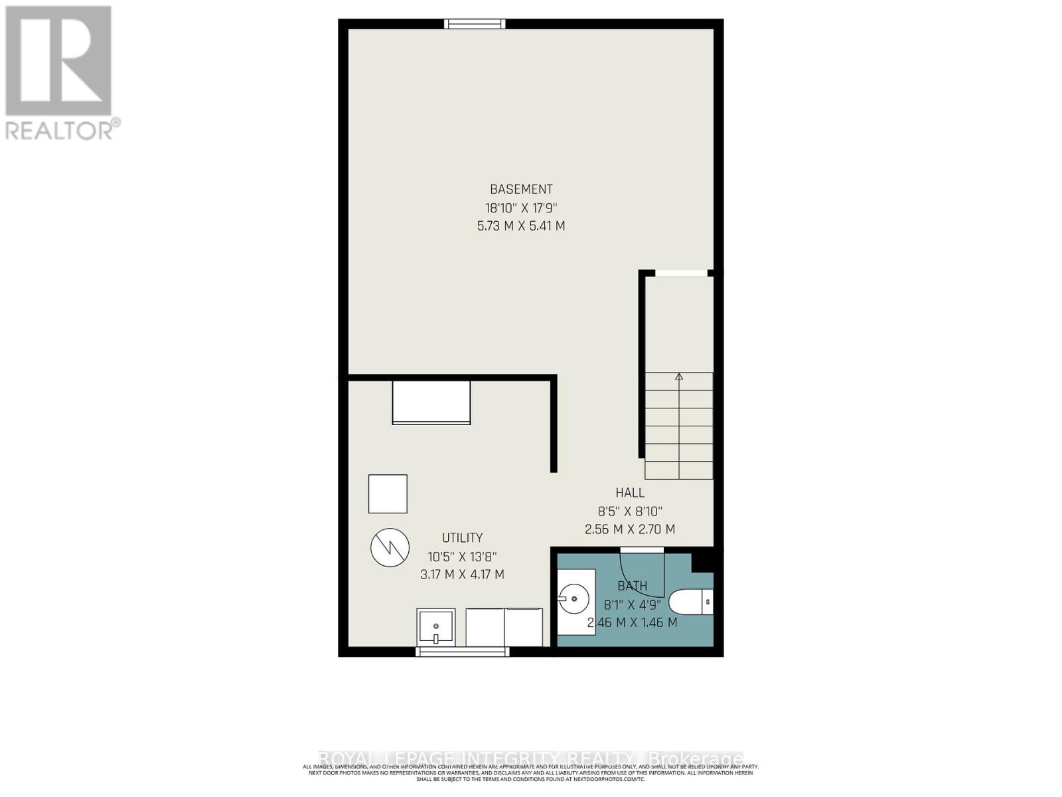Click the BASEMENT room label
[x=521, y=189]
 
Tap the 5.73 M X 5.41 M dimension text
[x=521, y=226]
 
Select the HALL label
[x=629, y=493]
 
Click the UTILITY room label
[x=462, y=538]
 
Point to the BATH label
[x=632, y=586]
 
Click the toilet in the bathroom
[x=690, y=602]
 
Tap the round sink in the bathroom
[x=573, y=600]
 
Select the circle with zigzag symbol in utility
[x=390, y=547]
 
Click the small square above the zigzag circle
[x=388, y=493]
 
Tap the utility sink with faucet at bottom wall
[x=436, y=627]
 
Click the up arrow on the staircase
[x=679, y=377]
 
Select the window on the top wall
[x=475, y=25]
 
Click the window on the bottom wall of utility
[x=462, y=652]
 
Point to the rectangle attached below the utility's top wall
[x=431, y=402]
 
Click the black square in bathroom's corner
[x=702, y=561]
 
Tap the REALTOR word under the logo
[x=60, y=130]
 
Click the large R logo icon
[x=58, y=61]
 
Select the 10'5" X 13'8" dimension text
[x=462, y=557]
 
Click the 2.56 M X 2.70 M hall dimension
[x=629, y=529]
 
